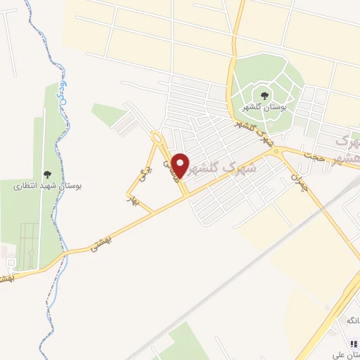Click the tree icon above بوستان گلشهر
(x=264, y=94)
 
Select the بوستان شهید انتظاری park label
(x=48, y=186)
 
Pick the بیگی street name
(x=146, y=171)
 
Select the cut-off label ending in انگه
(x=351, y=321)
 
